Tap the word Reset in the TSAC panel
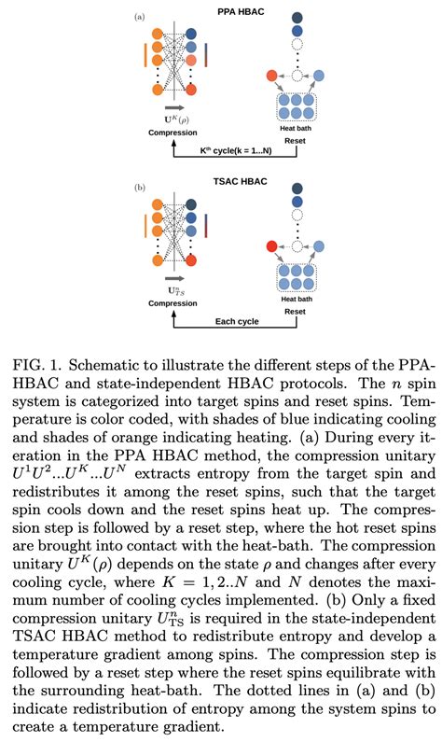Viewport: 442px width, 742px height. (x=295, y=313)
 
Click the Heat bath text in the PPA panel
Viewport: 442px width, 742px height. (x=295, y=128)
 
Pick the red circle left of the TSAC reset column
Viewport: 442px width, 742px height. (x=271, y=246)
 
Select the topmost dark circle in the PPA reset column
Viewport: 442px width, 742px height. (x=297, y=18)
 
